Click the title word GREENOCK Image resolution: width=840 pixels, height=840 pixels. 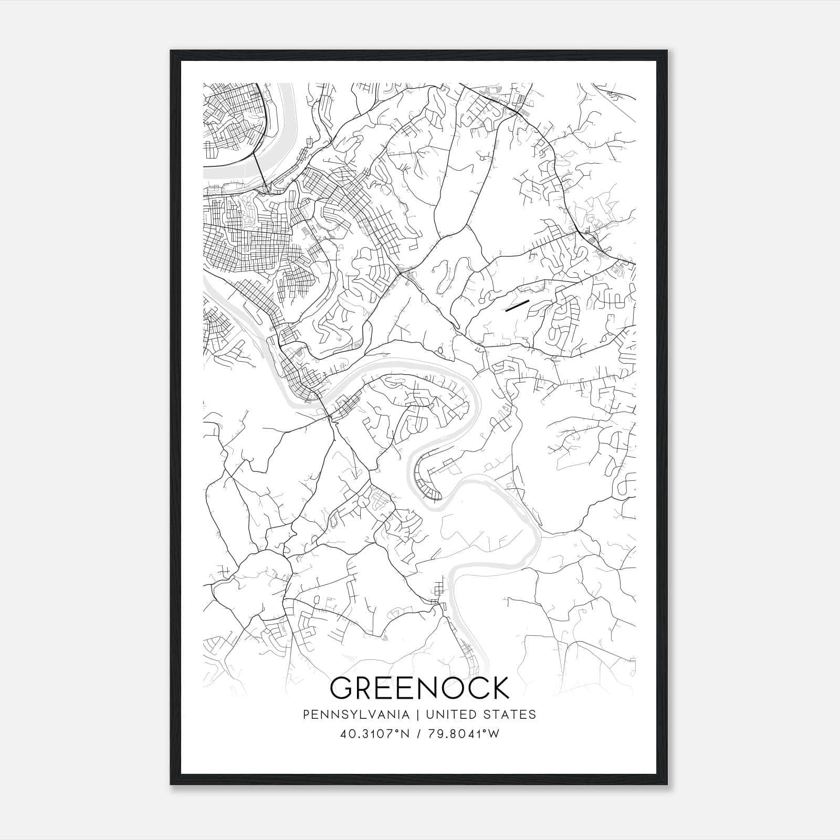420,688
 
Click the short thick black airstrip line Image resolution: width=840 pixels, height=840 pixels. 516,306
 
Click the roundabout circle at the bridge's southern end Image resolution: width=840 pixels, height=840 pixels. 268,187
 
